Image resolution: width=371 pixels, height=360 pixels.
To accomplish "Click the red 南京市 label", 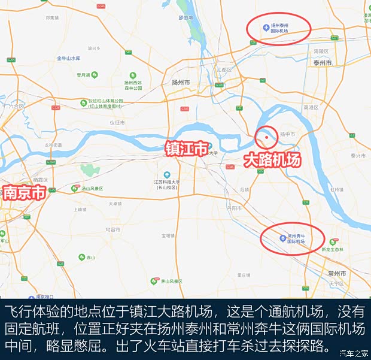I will [x=24, y=193].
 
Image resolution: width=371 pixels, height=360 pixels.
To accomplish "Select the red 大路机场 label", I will [x=271, y=160].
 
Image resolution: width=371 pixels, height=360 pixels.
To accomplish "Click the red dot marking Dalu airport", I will [x=265, y=137].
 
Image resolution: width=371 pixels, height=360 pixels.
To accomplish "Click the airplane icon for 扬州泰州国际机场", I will [x=266, y=26].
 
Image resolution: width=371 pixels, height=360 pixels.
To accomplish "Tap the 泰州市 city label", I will [x=322, y=62].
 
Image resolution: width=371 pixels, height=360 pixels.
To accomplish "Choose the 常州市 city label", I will [x=337, y=273].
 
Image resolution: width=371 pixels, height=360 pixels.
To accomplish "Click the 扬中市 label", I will [x=288, y=134].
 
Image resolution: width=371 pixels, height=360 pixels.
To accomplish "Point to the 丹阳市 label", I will [x=234, y=208].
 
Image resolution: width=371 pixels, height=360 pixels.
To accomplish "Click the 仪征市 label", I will [x=117, y=122].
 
